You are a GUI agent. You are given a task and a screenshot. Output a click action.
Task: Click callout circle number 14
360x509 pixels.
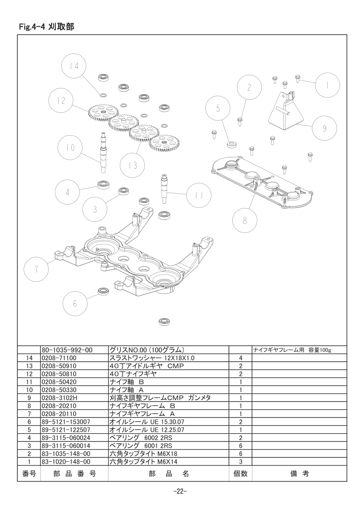tap(74, 66)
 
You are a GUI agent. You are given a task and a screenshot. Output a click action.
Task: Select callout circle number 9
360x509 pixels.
tap(325, 128)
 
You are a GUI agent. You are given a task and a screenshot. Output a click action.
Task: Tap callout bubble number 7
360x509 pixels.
tap(36, 269)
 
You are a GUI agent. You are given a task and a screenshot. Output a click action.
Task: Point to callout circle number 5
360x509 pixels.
tap(218, 108)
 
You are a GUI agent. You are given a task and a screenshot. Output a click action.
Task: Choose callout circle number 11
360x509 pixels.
tap(199, 196)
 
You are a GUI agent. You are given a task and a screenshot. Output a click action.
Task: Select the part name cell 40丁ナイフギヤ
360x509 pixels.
tap(133, 374)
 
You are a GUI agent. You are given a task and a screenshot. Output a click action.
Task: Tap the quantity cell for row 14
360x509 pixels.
tap(241, 358)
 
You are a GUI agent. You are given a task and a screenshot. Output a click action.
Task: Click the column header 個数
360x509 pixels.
tap(241, 474)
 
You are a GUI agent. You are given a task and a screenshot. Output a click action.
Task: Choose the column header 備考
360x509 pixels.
tap(299, 474)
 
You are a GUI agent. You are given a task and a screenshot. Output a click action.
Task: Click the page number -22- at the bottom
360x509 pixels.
tap(180, 491)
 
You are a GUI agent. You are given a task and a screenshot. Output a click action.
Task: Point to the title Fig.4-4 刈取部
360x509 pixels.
tap(46, 27)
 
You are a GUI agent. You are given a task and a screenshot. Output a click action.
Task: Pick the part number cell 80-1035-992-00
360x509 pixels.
tap(67, 350)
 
